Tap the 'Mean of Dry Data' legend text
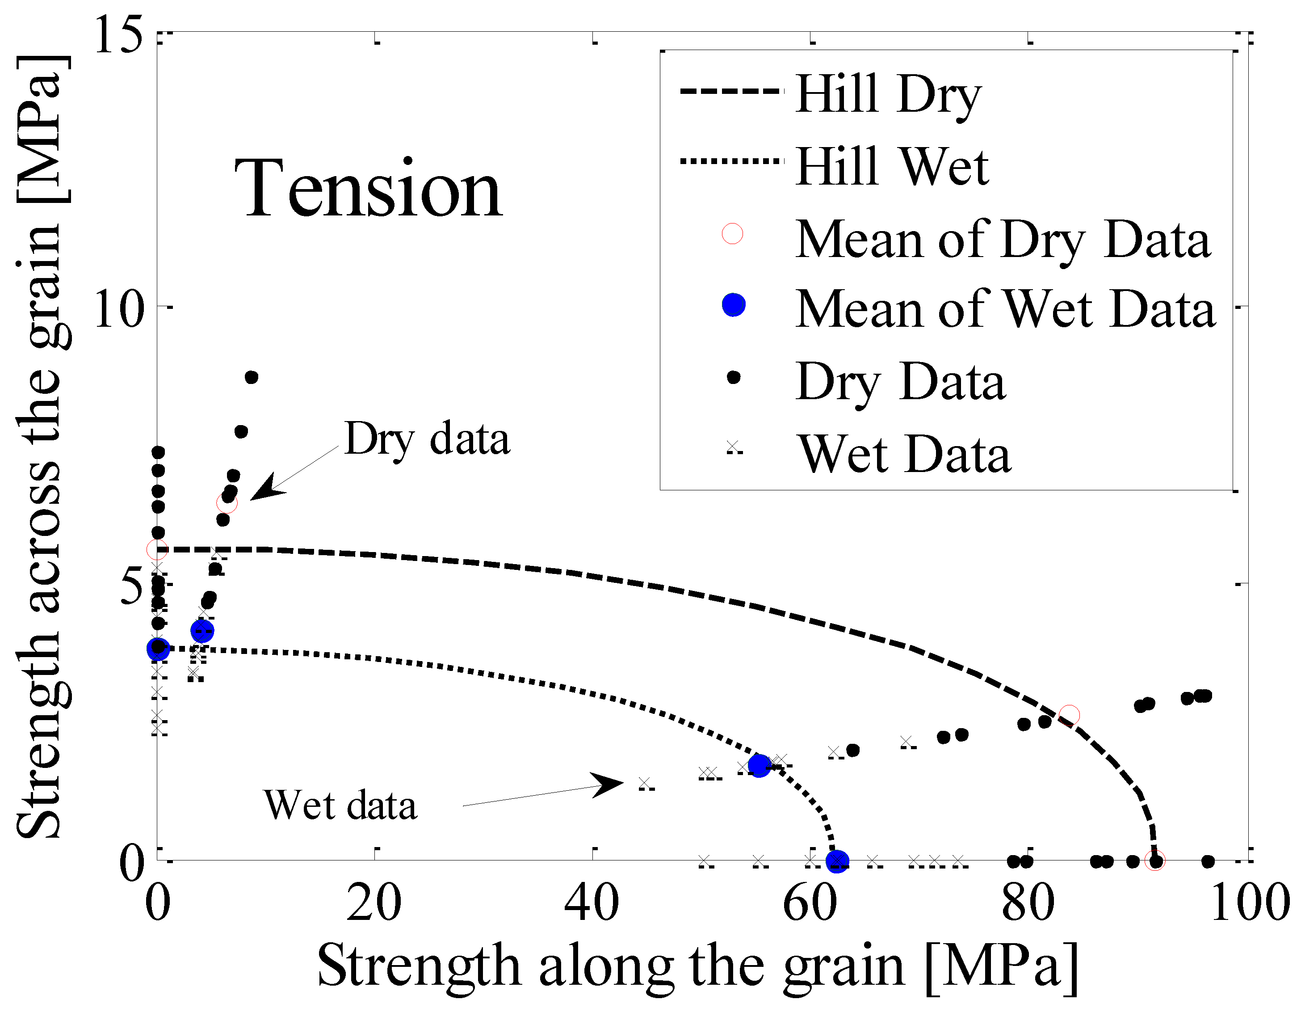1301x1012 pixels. (x=1003, y=240)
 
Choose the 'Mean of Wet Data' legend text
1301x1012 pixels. (x=1005, y=309)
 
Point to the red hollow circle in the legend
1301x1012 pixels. (x=732, y=234)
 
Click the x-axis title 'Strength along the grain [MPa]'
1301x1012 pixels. (x=697, y=966)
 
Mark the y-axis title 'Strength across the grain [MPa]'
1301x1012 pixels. (x=39, y=447)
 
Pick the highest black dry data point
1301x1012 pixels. (x=252, y=377)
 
